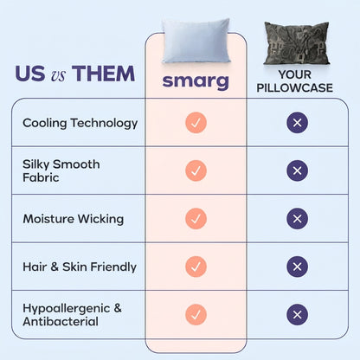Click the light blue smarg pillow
click(196, 41)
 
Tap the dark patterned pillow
click(297, 43)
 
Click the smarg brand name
click(196, 82)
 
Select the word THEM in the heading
click(103, 74)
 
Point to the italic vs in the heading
click(59, 75)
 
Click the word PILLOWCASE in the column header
click(295, 87)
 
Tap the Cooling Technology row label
click(80, 123)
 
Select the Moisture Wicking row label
click(74, 219)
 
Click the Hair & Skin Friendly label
click(80, 267)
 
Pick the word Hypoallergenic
click(67, 309)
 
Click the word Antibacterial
click(61, 321)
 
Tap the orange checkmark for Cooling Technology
click(196, 123)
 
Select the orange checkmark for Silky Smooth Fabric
click(196, 170)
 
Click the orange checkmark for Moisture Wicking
click(196, 219)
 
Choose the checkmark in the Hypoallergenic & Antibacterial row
click(196, 314)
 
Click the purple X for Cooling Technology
click(297, 123)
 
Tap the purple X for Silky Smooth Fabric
click(297, 170)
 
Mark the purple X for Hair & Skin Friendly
click(297, 267)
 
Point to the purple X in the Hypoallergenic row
click(297, 314)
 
